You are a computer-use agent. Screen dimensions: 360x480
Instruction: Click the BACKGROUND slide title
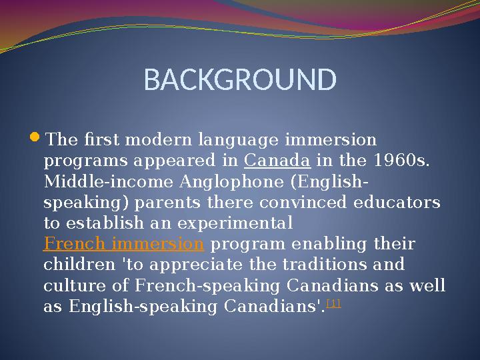tap(240, 80)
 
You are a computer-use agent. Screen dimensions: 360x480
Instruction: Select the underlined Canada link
tap(277, 161)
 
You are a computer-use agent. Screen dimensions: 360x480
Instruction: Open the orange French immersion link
tap(123, 243)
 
